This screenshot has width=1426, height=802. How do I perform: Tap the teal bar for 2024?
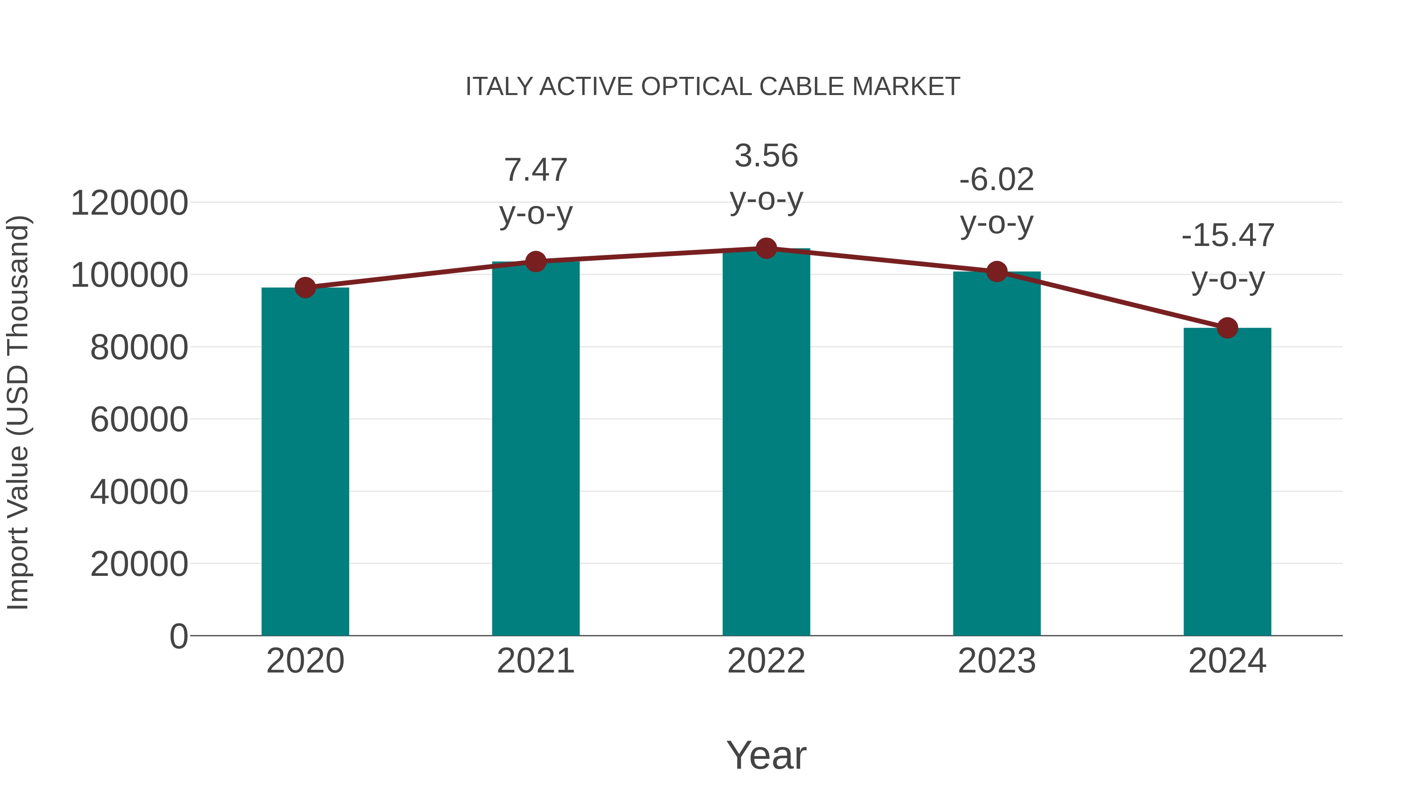(1227, 482)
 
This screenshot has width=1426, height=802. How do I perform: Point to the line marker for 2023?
(997, 272)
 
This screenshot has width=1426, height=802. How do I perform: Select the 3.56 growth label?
(766, 156)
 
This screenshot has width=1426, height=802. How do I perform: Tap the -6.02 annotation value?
(997, 180)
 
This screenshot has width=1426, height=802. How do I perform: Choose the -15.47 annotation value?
(1227, 236)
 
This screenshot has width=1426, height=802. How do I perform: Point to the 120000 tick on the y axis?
(129, 203)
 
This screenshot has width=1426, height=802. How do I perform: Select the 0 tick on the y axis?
(178, 636)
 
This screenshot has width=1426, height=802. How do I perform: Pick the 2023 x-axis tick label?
(997, 661)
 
